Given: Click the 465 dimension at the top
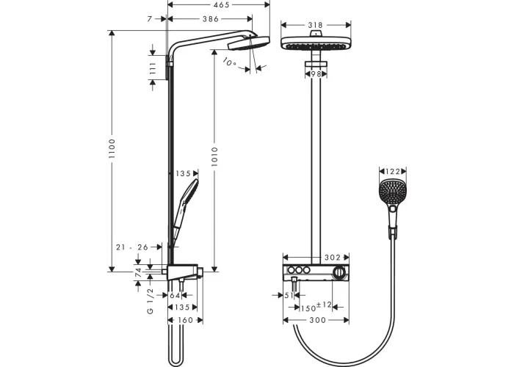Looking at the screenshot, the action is pyautogui.click(x=221, y=5).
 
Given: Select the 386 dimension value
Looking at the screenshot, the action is pyautogui.click(x=211, y=19).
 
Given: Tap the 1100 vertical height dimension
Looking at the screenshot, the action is pyautogui.click(x=112, y=149).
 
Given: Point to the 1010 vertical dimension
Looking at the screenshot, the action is pyautogui.click(x=214, y=156).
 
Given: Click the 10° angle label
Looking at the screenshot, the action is pyautogui.click(x=230, y=62).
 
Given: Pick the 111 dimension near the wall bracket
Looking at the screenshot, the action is pyautogui.click(x=153, y=68).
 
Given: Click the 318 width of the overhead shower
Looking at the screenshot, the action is pyautogui.click(x=315, y=25).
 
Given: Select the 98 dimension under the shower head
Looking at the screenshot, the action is pyautogui.click(x=316, y=74).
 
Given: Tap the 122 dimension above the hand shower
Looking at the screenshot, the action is pyautogui.click(x=393, y=171).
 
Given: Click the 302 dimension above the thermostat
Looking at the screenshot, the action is pyautogui.click(x=333, y=258).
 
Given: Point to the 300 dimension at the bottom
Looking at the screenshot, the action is pyautogui.click(x=318, y=320).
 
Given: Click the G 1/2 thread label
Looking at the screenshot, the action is pyautogui.click(x=150, y=301).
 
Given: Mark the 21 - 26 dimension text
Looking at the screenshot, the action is pyautogui.click(x=132, y=247).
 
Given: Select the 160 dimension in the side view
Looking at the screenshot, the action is pyautogui.click(x=185, y=320).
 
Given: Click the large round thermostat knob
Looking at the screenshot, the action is pyautogui.click(x=339, y=272).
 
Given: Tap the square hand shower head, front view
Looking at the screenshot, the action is pyautogui.click(x=392, y=191).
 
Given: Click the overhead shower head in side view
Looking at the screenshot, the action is pyautogui.click(x=249, y=43).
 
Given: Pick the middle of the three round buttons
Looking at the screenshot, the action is pyautogui.click(x=299, y=270).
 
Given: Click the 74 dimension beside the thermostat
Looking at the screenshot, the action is pyautogui.click(x=138, y=272).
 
